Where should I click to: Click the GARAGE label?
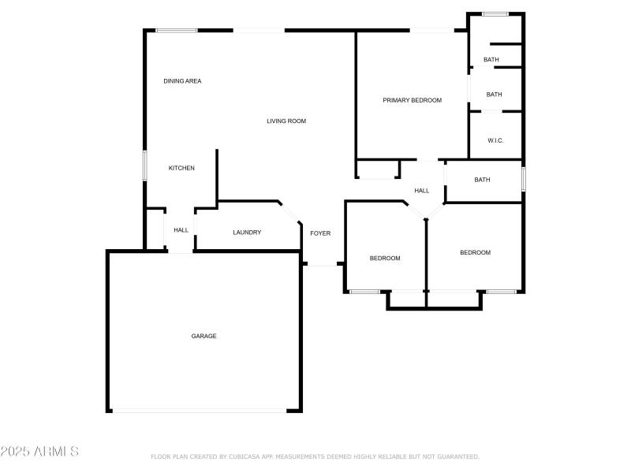203,336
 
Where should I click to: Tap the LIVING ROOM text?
286,121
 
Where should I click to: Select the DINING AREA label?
182,81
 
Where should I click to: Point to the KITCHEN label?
181,168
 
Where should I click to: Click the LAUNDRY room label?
247,233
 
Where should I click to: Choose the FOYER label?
320,233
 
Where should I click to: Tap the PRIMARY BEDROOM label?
412,100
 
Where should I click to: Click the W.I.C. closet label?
495,140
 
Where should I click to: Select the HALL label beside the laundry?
181,230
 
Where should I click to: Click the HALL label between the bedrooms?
422,191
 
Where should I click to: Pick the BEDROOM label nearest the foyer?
385,259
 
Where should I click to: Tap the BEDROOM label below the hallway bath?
476,252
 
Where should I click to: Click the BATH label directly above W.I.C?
494,95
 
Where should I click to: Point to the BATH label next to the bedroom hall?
482,180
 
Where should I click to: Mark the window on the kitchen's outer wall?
144,166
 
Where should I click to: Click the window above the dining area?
176,31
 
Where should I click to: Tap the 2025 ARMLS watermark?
39,452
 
